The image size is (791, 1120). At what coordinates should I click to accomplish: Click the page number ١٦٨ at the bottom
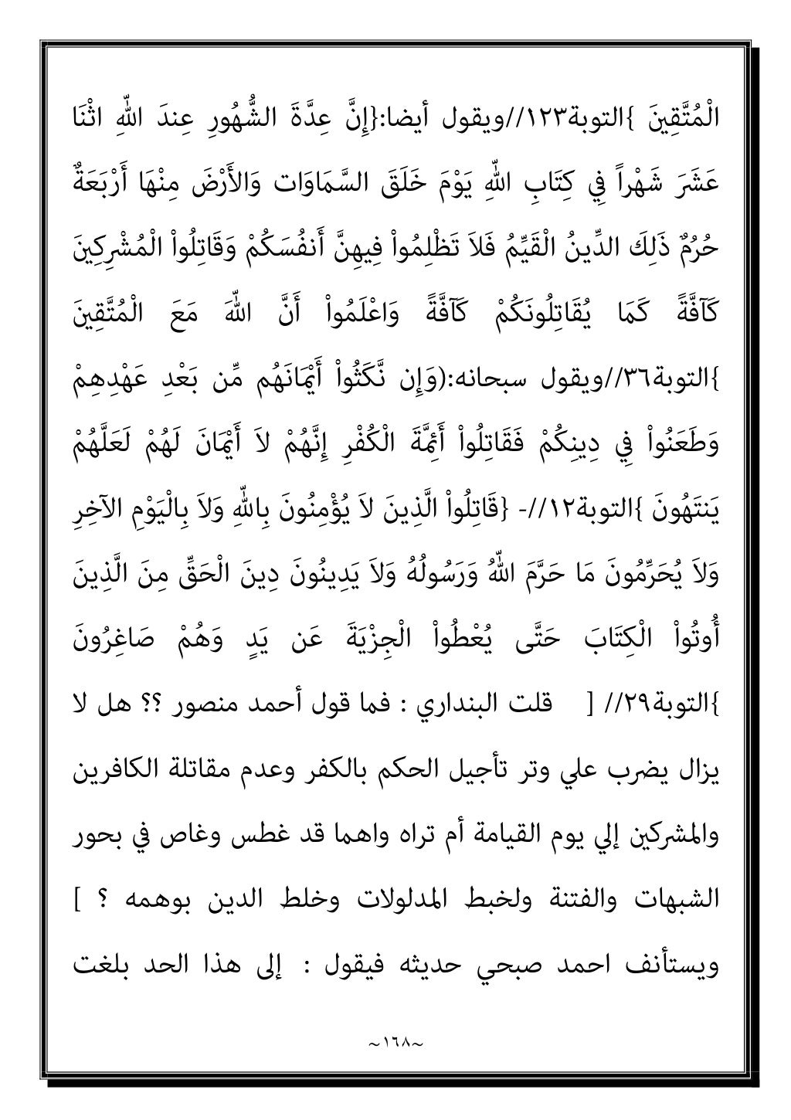coord(395,1025)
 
